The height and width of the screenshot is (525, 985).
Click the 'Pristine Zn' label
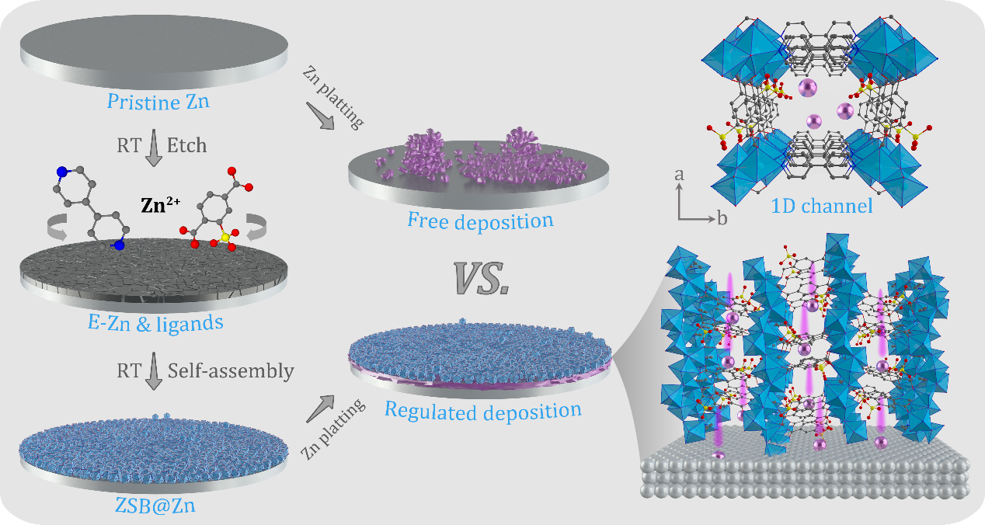[158, 102]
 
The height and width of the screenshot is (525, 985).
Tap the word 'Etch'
[187, 145]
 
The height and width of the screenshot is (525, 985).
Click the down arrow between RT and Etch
[154, 148]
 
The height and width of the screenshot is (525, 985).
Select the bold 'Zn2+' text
[161, 205]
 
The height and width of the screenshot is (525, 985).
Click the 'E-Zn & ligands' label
[155, 323]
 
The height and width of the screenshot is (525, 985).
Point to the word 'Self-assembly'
[231, 370]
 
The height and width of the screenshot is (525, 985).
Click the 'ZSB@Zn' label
[155, 506]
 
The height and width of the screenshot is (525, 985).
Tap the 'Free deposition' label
[480, 221]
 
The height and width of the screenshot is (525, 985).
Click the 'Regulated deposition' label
[483, 411]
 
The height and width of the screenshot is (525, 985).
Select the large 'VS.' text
[482, 278]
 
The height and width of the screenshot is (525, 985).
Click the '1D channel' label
[822, 206]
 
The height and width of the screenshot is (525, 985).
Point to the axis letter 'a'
[680, 175]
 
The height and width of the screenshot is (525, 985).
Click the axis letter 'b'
[722, 218]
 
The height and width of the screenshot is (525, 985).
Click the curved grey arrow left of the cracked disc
[57, 227]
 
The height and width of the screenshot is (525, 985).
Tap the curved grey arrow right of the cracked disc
[256, 227]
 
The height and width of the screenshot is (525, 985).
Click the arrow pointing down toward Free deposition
[320, 116]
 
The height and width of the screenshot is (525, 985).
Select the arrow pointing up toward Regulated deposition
[320, 409]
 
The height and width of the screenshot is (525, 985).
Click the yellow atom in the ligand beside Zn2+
[224, 238]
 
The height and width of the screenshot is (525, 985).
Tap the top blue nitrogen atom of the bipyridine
[62, 172]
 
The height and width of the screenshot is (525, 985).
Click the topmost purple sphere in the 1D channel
[807, 88]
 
